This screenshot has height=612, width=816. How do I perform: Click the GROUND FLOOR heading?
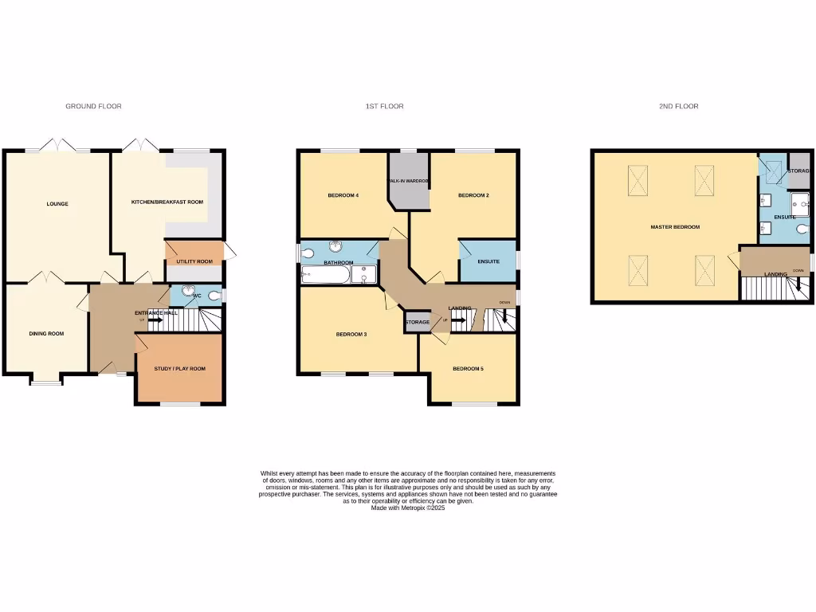tap(93, 106)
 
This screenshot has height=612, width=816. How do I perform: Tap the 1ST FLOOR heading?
tap(384, 106)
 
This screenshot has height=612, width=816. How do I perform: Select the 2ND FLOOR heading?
tap(678, 106)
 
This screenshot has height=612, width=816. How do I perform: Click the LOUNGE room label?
tap(57, 204)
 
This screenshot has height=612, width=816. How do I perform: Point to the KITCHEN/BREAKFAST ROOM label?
tap(167, 202)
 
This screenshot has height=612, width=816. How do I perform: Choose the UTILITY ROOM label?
tap(194, 261)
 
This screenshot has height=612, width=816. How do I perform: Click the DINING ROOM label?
tap(46, 334)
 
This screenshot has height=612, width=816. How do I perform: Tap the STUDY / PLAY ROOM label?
tap(179, 369)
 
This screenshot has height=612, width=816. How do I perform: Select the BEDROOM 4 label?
tap(343, 195)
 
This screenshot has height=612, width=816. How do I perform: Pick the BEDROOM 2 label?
tap(473, 195)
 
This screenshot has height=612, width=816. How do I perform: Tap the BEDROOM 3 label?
tap(351, 334)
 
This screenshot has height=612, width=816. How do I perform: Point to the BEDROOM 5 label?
tap(468, 369)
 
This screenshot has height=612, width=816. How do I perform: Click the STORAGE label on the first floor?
tap(418, 322)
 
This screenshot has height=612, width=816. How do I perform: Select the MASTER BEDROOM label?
tap(675, 227)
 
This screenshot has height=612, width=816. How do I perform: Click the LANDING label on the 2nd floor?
tap(775, 275)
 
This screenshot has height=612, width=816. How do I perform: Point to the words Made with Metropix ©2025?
tap(408, 508)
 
